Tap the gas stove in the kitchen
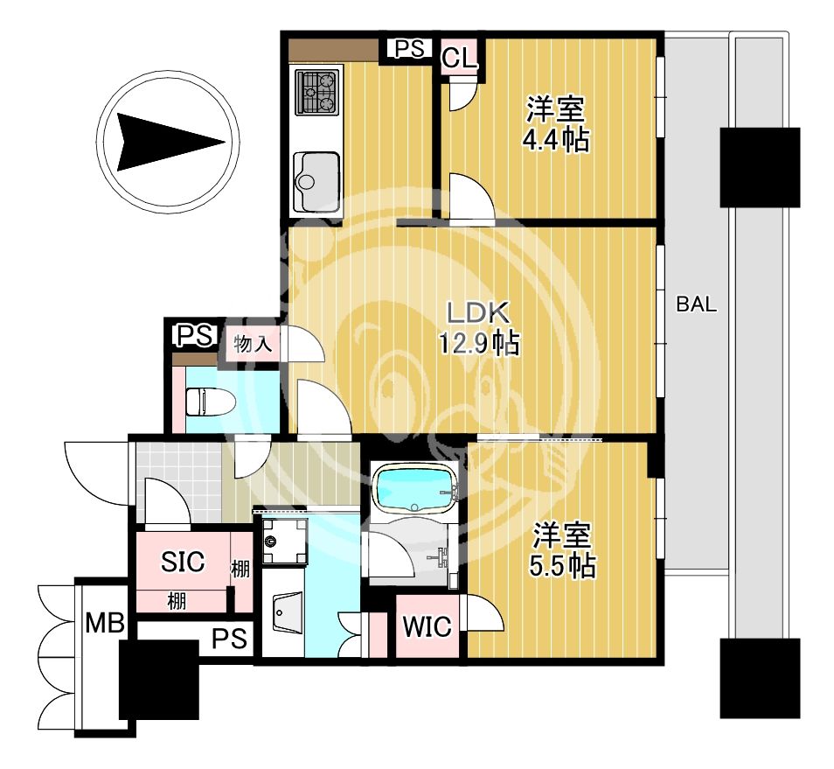coord(318,92)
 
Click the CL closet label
coord(460,58)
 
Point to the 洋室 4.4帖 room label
coord(556,124)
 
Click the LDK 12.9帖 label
coord(479,328)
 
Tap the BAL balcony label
coord(696,304)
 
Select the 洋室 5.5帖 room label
coord(562,550)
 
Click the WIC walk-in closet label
coord(427,626)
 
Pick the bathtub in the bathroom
coord(415,491)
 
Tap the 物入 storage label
coord(253,345)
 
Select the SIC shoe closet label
coord(183,562)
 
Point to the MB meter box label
coord(105,623)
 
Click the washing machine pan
coord(285,541)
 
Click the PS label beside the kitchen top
coord(409,48)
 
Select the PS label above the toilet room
coord(195,336)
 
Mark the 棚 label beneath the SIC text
coord(177,601)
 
